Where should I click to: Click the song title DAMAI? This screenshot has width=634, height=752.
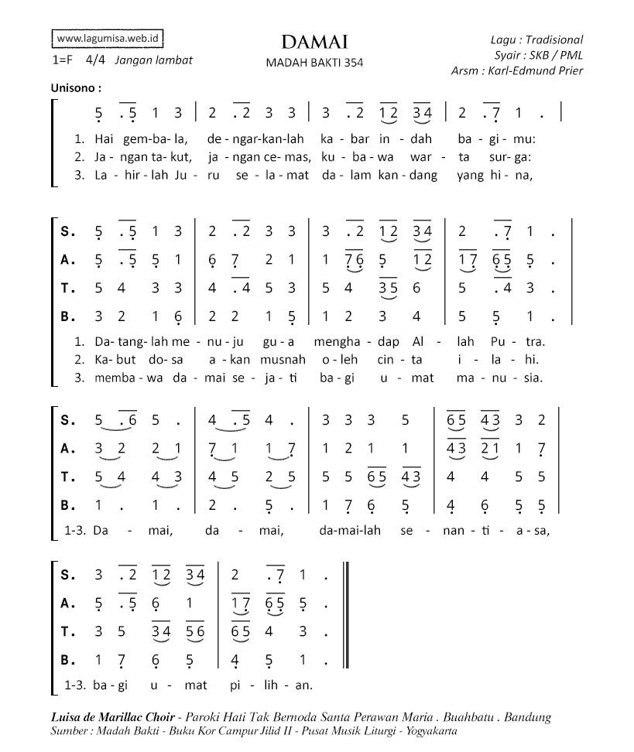(314, 42)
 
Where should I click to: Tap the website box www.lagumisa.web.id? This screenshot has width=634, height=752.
(108, 38)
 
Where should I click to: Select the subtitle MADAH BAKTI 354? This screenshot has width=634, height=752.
(314, 63)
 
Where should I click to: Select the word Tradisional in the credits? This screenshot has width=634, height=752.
(554, 39)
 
